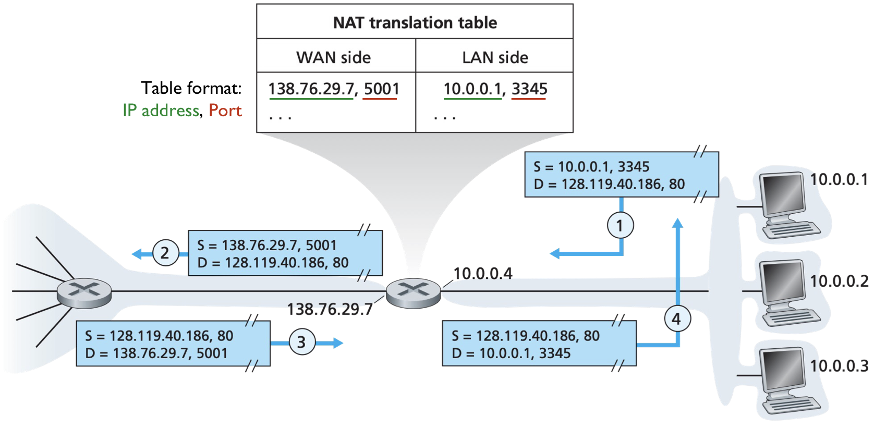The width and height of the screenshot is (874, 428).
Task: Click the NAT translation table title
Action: (x=415, y=22)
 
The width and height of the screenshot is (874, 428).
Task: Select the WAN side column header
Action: (x=333, y=57)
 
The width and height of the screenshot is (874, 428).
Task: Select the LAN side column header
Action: (x=495, y=57)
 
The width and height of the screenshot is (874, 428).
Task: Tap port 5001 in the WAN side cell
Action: (x=381, y=89)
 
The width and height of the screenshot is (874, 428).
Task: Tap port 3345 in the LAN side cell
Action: (x=529, y=89)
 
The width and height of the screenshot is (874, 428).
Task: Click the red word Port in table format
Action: (x=225, y=111)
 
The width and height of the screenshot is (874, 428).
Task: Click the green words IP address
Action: (x=161, y=111)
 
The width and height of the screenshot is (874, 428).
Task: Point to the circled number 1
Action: (x=620, y=225)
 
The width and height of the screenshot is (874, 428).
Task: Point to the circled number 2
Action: (x=165, y=253)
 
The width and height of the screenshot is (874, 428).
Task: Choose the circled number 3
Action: (x=302, y=343)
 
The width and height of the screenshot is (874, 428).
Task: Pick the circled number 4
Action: (x=677, y=319)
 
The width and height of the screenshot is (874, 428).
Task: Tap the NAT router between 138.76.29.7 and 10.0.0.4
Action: (x=413, y=293)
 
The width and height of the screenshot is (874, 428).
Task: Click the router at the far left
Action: (x=84, y=292)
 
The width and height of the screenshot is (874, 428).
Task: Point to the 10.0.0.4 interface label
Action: (x=482, y=273)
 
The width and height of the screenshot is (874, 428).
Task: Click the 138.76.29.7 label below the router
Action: (x=330, y=309)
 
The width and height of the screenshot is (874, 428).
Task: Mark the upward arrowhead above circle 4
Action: (x=677, y=223)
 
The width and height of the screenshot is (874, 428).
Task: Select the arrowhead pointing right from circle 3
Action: (x=338, y=343)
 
